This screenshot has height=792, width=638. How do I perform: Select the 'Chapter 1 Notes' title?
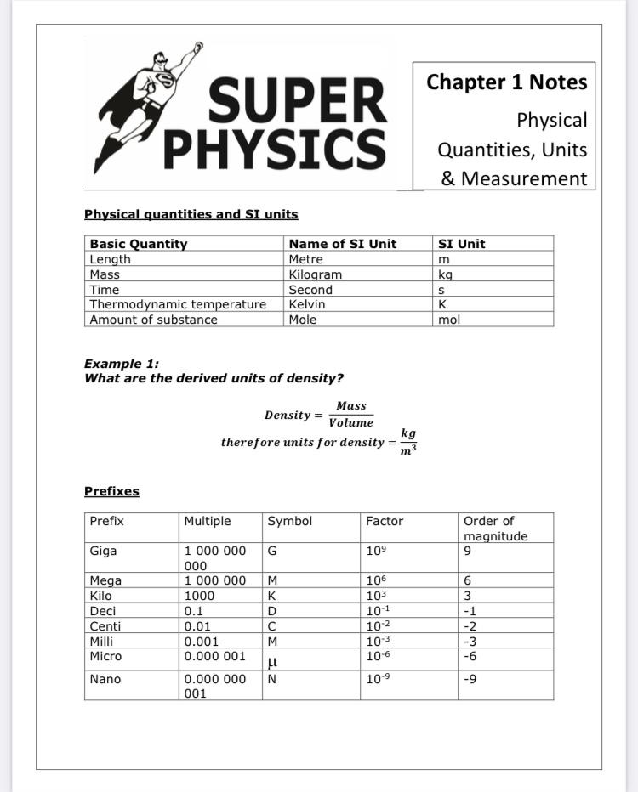[506, 82]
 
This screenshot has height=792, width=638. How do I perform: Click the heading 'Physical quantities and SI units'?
[191, 214]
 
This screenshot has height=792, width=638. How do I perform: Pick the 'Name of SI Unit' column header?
[342, 244]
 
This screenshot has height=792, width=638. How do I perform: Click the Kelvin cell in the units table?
[307, 304]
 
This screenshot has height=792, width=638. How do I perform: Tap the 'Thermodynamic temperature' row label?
[178, 304]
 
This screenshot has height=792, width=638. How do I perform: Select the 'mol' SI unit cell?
[448, 320]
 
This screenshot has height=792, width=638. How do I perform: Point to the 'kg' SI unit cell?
[445, 274]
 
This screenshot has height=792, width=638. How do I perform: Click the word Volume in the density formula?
[350, 422]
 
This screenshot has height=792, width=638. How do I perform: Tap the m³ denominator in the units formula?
[408, 450]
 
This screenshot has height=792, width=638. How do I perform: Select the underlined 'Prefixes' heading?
[111, 491]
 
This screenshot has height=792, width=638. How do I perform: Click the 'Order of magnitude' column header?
[495, 528]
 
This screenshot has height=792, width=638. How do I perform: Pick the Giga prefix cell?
[103, 551]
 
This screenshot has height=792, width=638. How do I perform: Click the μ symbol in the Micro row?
[272, 659]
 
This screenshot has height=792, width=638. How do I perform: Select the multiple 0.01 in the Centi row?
[199, 626]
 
